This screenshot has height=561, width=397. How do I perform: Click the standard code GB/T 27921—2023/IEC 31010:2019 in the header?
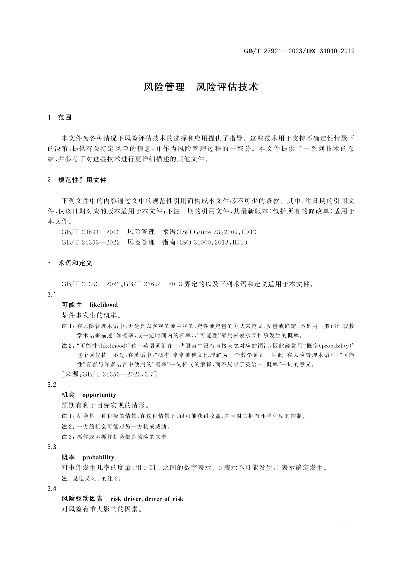(x=299, y=51)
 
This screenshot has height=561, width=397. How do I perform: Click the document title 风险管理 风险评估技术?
(x=201, y=87)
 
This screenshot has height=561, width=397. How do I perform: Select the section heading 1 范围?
(x=60, y=118)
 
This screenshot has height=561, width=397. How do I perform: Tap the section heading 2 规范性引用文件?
(x=77, y=180)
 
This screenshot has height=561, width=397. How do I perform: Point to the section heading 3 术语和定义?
(x=70, y=263)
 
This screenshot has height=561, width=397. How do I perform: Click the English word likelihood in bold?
(x=103, y=305)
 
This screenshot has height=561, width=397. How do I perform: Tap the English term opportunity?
(x=99, y=395)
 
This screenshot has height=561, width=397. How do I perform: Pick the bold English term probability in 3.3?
(x=98, y=457)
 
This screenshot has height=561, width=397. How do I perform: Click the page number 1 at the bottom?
(x=344, y=520)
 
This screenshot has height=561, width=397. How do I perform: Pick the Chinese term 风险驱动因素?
(x=82, y=499)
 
